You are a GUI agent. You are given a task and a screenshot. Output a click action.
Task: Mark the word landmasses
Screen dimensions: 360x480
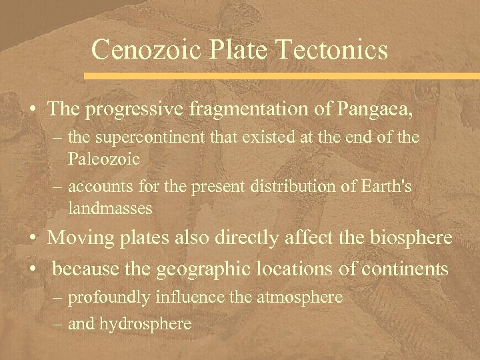[x=111, y=208]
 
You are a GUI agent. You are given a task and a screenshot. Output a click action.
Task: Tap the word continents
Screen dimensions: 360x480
[x=407, y=269]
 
